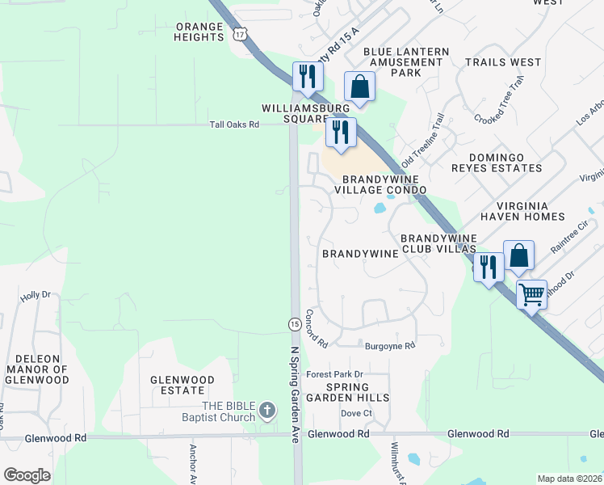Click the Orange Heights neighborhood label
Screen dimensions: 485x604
(199, 32)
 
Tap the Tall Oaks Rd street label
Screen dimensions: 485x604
(234, 124)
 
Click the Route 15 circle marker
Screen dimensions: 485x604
(295, 324)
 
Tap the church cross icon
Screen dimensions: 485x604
(269, 411)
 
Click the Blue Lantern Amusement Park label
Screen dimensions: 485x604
(406, 62)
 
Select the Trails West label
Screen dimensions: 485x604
(503, 62)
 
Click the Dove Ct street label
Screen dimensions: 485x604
(355, 413)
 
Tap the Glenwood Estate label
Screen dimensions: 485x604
(182, 385)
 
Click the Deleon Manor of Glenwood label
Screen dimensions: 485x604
(37, 369)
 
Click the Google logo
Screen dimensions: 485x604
(27, 475)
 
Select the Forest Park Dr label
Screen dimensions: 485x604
(336, 374)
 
